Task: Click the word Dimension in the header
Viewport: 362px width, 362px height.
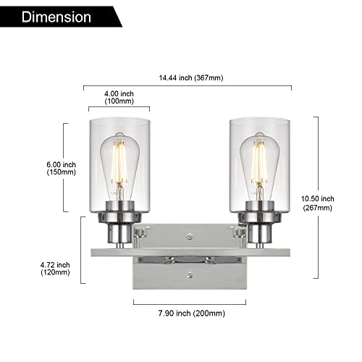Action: [56, 16]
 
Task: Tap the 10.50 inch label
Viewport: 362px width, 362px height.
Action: [317, 198]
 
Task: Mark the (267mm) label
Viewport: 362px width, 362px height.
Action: [317, 209]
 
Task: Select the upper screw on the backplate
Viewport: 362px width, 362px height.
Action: [189, 236]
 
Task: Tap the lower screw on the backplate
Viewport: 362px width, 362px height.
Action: [189, 274]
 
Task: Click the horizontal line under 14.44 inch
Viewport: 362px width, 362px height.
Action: [189, 85]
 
